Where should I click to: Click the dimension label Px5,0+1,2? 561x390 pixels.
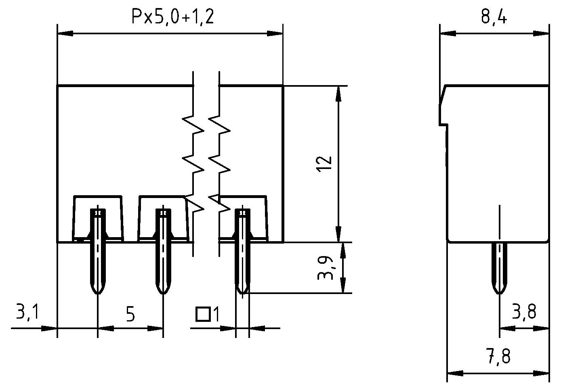click(x=172, y=17)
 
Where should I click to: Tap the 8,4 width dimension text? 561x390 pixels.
click(x=494, y=17)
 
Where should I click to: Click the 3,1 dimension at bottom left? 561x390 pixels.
click(x=27, y=313)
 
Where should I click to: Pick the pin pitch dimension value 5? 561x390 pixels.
click(x=130, y=315)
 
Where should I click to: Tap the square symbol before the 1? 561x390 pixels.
click(x=203, y=314)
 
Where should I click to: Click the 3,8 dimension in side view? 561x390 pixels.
click(x=524, y=312)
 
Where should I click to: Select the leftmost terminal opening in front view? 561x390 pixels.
click(x=97, y=218)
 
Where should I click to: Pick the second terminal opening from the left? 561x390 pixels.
click(x=163, y=218)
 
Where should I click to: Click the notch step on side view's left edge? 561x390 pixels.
click(x=443, y=125)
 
